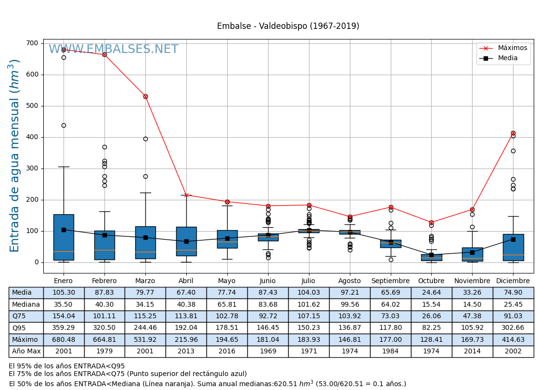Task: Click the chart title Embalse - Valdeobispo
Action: pos(288,26)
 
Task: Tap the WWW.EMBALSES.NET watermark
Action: pos(113,50)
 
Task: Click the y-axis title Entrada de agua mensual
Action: pos(15,156)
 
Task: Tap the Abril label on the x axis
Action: pos(186,281)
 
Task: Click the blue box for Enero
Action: pos(64,237)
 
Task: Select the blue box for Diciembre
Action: pos(513,247)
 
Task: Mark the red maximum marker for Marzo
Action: pos(145,96)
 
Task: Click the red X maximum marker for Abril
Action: pos(186,195)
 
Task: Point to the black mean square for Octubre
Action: pos(431,255)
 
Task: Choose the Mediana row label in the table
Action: pos(26,304)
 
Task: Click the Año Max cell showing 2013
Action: pos(186,351)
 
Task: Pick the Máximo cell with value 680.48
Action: pos(64,339)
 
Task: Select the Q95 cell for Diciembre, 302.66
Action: pos(513,328)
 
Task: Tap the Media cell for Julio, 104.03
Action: pos(308,293)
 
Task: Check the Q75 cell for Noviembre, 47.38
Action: pos(472,316)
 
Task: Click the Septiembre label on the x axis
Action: pos(390,281)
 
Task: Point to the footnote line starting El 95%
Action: pos(67,366)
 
